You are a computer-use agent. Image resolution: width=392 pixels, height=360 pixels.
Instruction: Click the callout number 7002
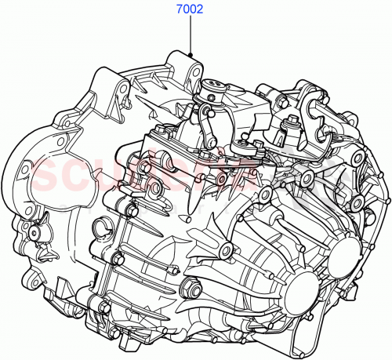pos(189,12)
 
